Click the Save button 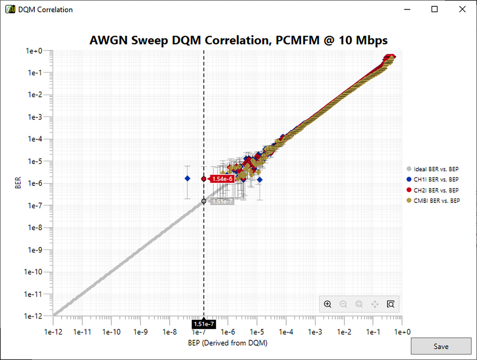tap(441, 346)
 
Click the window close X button tap(462, 9)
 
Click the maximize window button tap(435, 9)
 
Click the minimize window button tap(407, 9)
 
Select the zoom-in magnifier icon tap(328, 304)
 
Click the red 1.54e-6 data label tap(222, 179)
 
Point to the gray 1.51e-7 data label tap(222, 201)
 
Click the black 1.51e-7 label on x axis tap(204, 324)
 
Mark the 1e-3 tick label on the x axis tap(315, 332)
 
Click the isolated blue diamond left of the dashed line tap(188, 179)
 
